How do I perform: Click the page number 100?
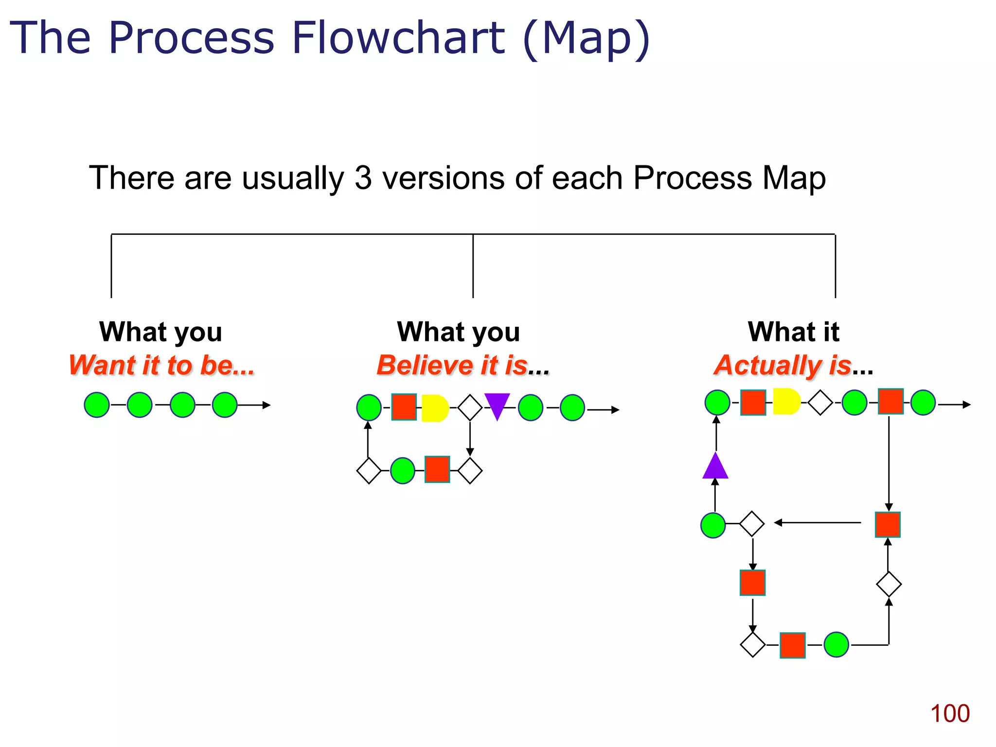coord(949,713)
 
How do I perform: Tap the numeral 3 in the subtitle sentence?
coord(363,178)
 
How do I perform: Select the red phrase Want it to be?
coord(161,365)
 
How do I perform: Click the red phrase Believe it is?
coord(452,365)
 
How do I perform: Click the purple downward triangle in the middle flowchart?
coord(497,405)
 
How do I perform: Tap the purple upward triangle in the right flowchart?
coord(715,467)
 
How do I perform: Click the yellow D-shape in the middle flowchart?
coord(434,408)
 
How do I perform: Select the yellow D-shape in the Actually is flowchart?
coord(785,401)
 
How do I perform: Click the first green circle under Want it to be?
coord(97,405)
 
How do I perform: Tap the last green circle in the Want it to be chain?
coord(225,405)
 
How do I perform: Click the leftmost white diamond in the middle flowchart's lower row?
coord(369,470)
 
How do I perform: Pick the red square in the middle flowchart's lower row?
coord(437,469)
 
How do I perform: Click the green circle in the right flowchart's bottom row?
coord(836,644)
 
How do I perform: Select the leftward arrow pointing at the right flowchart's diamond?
coord(817,523)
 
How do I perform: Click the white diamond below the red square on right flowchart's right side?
coord(889,584)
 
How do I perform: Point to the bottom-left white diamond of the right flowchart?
coord(752,644)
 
